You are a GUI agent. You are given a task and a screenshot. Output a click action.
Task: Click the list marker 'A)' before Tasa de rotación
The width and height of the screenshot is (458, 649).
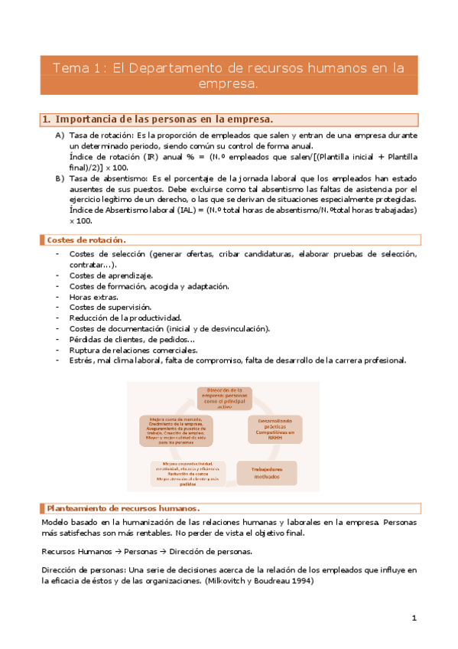coord(59,135)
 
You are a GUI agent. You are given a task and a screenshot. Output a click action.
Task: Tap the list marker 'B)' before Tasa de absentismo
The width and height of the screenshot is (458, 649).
coord(59,178)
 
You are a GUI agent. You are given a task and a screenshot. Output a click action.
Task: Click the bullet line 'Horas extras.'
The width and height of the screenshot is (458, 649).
coord(93,296)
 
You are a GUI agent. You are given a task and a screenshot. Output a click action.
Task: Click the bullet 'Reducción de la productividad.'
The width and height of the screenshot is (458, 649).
coord(125,318)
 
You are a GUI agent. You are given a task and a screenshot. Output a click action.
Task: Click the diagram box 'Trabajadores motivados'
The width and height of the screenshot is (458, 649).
coord(264,473)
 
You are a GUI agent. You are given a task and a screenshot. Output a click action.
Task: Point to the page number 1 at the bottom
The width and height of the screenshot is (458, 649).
coord(414,617)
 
